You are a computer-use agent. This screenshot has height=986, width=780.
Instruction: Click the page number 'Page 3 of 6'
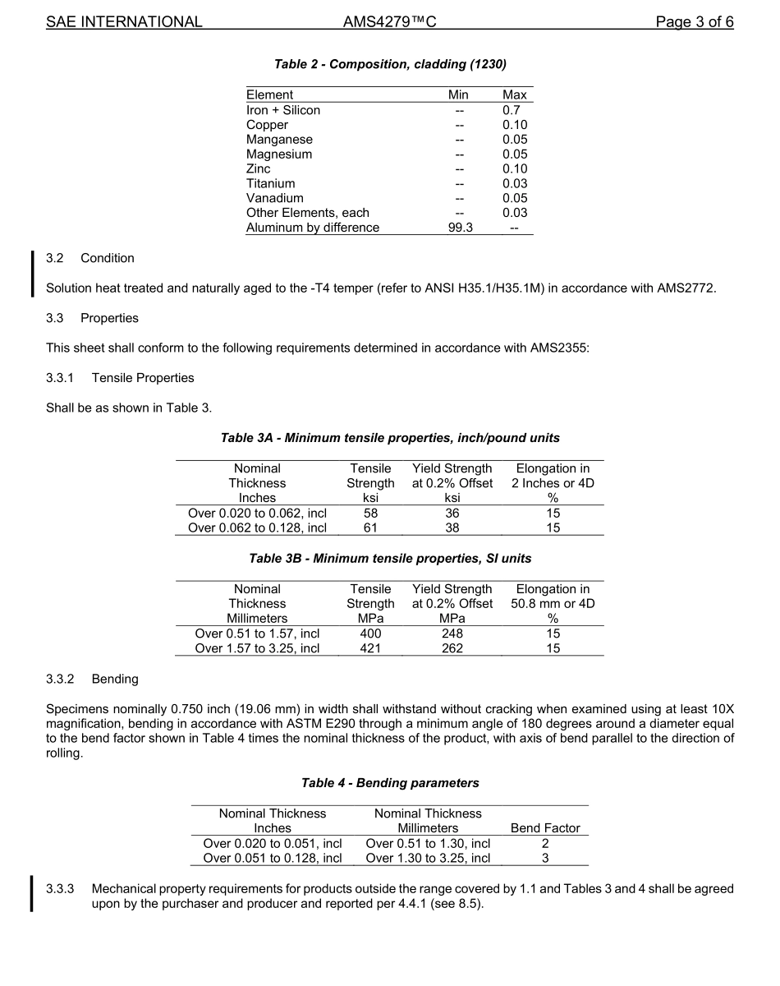694,22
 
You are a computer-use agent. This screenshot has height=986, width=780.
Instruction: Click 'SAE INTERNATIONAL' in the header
124,22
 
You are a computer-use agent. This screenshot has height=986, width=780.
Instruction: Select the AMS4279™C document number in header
389,22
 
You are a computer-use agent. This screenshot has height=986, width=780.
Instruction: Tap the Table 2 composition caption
390,64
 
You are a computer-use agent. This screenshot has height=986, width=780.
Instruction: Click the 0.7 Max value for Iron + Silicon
511,110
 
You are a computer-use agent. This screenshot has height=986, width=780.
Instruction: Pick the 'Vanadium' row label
274,198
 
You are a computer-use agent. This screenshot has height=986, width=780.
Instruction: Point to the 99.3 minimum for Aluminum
459,228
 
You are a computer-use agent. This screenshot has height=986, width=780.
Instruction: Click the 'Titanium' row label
270,183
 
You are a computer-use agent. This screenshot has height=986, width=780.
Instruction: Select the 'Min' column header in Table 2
458,95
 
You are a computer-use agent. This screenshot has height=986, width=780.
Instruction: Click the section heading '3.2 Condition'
90,258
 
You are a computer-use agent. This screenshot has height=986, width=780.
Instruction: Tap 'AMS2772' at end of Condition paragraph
686,288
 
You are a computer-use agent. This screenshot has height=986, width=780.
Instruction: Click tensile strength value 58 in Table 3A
370,513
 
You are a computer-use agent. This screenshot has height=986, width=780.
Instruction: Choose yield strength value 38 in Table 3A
452,528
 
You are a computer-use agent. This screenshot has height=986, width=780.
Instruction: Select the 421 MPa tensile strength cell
370,648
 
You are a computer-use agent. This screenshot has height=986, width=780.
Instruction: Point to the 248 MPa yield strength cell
452,634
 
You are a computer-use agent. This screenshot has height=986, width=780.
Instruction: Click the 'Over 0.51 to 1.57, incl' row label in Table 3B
257,634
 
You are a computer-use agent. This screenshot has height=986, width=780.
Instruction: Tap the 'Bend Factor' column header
545,828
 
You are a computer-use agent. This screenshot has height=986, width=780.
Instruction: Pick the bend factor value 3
545,858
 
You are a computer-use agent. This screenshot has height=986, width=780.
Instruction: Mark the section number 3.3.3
60,889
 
